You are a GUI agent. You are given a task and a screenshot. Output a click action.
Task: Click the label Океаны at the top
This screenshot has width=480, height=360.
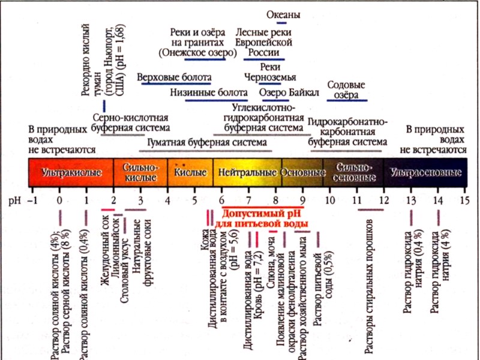point(283,14)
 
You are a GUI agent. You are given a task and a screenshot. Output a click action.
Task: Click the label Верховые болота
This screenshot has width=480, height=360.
point(175,77)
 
